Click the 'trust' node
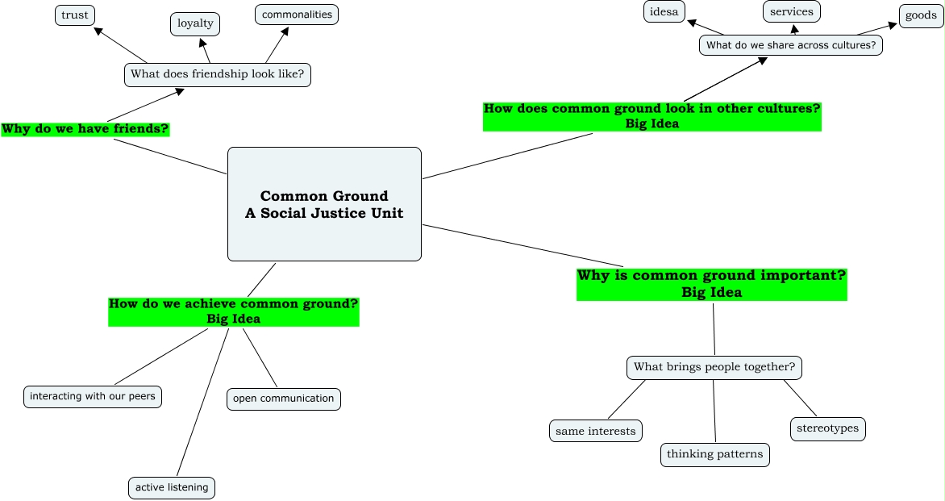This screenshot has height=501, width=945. click(75, 15)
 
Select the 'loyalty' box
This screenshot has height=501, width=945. click(195, 23)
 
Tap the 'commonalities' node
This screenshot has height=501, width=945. click(297, 15)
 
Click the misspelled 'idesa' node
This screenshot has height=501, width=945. click(664, 11)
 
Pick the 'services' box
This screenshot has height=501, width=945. click(791, 11)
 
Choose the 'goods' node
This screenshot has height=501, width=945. click(921, 15)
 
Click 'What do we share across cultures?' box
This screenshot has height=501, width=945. click(791, 45)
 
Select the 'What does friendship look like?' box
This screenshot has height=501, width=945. click(218, 75)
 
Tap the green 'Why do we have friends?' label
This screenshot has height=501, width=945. click(85, 129)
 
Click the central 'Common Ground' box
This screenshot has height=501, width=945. click(324, 204)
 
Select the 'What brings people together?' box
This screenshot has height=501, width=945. click(714, 368)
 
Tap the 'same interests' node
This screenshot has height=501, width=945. click(595, 431)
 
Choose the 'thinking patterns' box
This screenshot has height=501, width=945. click(714, 454)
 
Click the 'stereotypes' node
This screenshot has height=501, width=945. click(827, 428)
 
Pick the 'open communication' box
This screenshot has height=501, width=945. click(283, 399)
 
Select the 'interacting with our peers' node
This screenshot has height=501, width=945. click(93, 397)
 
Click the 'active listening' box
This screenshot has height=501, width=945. click(172, 488)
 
